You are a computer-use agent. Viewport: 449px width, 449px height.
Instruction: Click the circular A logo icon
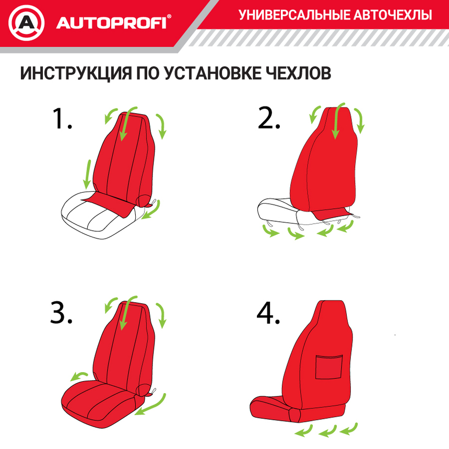pos(27,23)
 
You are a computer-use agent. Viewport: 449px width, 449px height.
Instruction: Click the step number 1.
pos(61,119)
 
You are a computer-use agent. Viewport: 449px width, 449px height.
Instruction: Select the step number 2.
pos(269,120)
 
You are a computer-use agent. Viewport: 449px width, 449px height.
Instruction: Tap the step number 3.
pos(61,314)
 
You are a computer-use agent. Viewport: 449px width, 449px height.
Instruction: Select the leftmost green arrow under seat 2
pos(270,231)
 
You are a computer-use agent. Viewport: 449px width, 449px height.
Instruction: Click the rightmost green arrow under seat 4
pos(347,429)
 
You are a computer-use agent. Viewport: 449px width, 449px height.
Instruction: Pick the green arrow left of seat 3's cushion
pos(79,376)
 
